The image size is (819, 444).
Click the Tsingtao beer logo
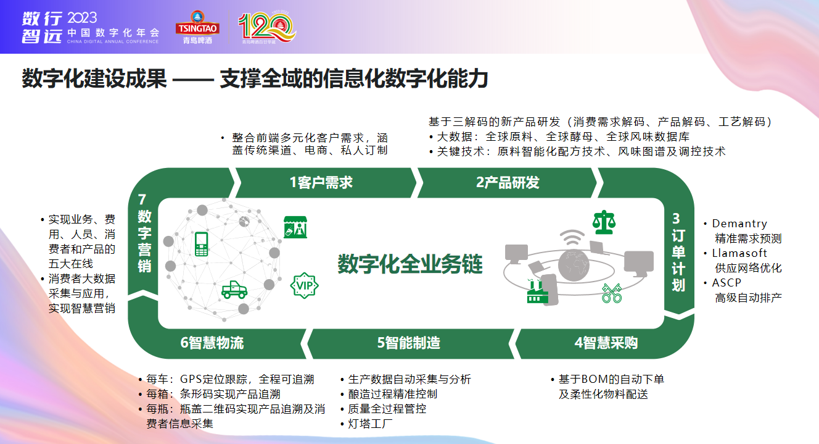(197, 27)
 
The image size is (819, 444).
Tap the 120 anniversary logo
(267, 27)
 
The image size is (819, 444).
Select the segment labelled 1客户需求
(321, 182)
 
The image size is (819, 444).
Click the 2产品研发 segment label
(508, 182)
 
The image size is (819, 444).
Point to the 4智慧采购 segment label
(606, 343)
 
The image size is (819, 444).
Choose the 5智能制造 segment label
(409, 343)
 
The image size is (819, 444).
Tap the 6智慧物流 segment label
(212, 343)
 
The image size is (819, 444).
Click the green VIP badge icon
(304, 285)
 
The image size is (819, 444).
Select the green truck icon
(234, 290)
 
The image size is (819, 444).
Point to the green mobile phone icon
(202, 244)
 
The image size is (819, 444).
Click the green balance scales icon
(604, 222)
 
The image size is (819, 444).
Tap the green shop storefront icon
(295, 227)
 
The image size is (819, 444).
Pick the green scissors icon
(612, 293)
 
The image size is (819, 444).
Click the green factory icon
(537, 291)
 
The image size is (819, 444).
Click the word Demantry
(739, 224)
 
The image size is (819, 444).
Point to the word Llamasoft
(739, 253)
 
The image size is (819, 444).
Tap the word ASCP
(726, 283)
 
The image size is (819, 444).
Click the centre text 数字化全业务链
(410, 264)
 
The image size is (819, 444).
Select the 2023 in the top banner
(82, 18)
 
